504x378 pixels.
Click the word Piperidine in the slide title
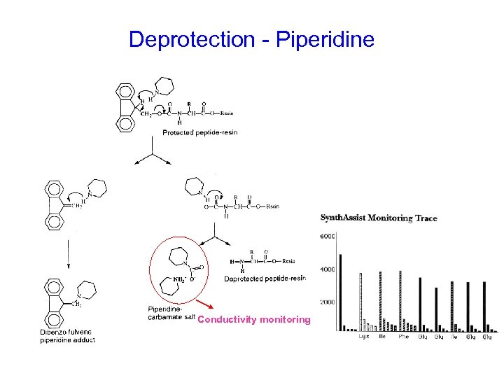(x=325, y=39)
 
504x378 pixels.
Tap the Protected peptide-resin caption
(x=199, y=132)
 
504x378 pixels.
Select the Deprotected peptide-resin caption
(x=265, y=279)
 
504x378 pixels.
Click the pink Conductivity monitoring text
(x=254, y=320)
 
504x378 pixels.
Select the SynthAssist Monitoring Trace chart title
(x=379, y=218)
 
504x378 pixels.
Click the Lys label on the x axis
(x=364, y=336)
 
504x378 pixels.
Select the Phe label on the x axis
(x=404, y=336)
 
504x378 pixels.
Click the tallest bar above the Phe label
(x=400, y=300)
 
